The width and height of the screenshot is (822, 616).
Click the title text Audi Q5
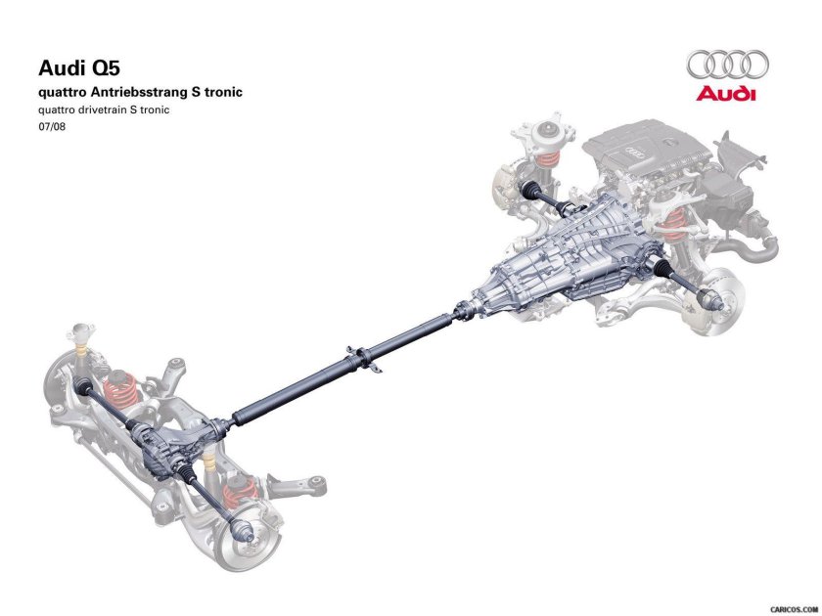tap(79, 68)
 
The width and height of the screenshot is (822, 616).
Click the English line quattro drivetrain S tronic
tap(104, 110)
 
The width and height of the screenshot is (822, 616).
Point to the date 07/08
tap(52, 126)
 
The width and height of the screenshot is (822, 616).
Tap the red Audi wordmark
tap(726, 94)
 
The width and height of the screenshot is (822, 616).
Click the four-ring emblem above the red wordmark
tap(728, 66)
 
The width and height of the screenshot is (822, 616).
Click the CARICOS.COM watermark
tap(794, 609)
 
